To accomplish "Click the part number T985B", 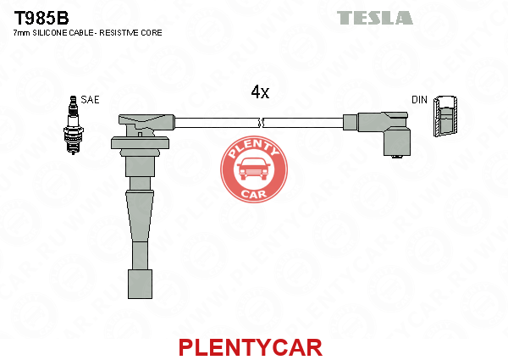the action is [41, 18].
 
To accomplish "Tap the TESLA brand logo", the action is [375, 18].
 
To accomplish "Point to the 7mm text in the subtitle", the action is [21, 33].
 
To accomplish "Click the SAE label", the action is [90, 99].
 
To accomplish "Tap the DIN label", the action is [419, 100].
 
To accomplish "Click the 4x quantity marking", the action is [260, 92].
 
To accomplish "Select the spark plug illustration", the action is [73, 125].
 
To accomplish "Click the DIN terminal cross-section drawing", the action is [445, 116].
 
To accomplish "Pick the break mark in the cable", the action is [261, 123].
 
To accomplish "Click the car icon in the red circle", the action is [254, 169].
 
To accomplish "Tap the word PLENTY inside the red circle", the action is [254, 148].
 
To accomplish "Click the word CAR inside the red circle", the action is [254, 194].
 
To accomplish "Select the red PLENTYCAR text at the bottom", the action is [251, 347].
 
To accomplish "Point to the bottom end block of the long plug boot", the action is [140, 284].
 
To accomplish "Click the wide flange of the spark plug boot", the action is [140, 143].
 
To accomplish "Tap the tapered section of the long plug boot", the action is [140, 216].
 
